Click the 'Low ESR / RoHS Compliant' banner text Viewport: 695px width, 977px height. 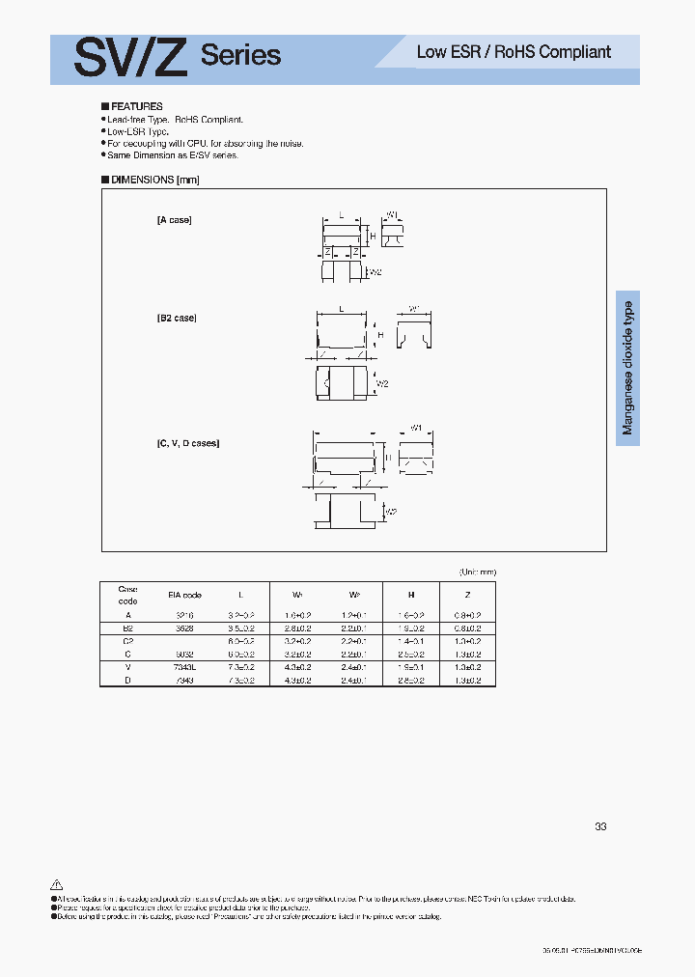click(514, 52)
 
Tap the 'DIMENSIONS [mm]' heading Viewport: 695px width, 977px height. click(151, 180)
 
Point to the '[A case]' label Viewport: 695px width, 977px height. click(175, 220)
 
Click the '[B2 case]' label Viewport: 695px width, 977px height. click(178, 318)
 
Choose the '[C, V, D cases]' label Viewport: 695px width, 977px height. click(188, 443)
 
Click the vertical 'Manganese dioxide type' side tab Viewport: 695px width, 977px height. click(628, 368)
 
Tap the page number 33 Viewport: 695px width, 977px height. click(600, 827)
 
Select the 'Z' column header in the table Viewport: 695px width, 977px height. click(467, 596)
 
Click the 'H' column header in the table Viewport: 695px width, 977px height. click(411, 596)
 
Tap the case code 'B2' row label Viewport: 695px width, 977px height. click(127, 628)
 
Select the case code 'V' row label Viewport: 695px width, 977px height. click(127, 667)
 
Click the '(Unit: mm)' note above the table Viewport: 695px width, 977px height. click(478, 572)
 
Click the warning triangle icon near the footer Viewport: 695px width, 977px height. click(56, 884)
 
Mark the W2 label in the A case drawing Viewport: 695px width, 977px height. click(376, 273)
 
